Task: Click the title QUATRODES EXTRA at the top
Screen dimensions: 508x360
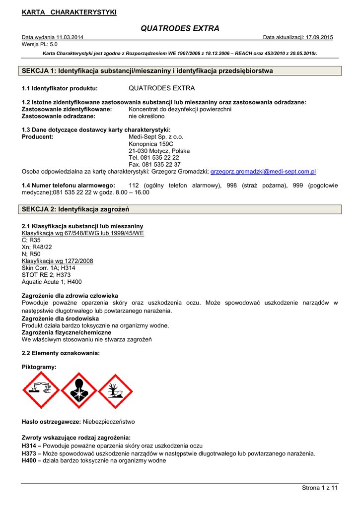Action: pyautogui.click(x=180, y=28)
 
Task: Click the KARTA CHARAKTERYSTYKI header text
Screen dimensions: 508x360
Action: pyautogui.click(x=69, y=12)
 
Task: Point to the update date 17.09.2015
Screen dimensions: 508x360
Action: pyautogui.click(x=319, y=38)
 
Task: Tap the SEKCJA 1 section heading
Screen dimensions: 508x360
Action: pyautogui.click(x=147, y=71)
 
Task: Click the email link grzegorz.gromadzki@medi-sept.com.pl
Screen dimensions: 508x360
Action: pyautogui.click(x=263, y=172)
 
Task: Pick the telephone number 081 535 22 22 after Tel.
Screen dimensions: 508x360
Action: pyautogui.click(x=160, y=158)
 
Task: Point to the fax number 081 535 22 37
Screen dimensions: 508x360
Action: pyautogui.click(x=161, y=165)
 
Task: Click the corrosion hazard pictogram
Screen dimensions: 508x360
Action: pyautogui.click(x=41, y=390)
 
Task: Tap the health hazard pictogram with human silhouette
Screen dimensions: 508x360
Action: pyautogui.click(x=78, y=390)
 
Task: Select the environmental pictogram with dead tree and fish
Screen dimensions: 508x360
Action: pyautogui.click(x=115, y=390)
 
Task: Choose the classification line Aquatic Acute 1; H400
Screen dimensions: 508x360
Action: pyautogui.click(x=52, y=282)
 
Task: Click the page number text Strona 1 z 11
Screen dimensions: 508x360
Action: pyautogui.click(x=320, y=488)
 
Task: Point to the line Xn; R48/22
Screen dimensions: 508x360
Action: pyautogui.click(x=37, y=247)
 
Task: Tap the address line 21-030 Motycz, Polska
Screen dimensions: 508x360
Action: pyautogui.click(x=159, y=151)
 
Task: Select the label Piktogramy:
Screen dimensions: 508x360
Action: pyautogui.click(x=39, y=367)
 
